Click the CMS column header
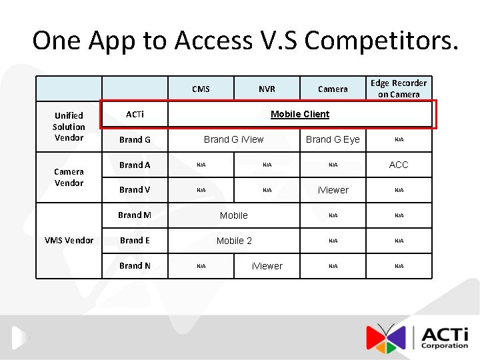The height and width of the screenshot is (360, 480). pyautogui.click(x=201, y=89)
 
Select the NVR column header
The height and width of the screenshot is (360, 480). pyautogui.click(x=267, y=89)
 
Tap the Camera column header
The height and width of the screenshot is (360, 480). pyautogui.click(x=333, y=89)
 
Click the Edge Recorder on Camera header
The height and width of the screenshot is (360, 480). pyautogui.click(x=399, y=89)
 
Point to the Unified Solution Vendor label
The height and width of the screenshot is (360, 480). pyautogui.click(x=69, y=126)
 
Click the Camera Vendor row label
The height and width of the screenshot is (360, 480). pyautogui.click(x=69, y=177)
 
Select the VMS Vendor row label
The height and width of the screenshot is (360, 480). pyautogui.click(x=69, y=240)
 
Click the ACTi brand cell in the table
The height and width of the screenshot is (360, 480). pyautogui.click(x=135, y=114)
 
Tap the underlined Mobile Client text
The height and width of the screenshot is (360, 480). pyautogui.click(x=300, y=114)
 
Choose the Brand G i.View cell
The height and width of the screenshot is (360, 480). pyautogui.click(x=233, y=139)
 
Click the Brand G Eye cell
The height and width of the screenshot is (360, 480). pyautogui.click(x=333, y=139)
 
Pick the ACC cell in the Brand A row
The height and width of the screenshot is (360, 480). pyautogui.click(x=399, y=165)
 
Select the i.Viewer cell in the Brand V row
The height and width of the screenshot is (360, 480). pyautogui.click(x=333, y=190)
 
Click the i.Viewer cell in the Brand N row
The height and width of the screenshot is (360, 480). pyautogui.click(x=267, y=266)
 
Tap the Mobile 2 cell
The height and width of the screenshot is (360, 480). pyautogui.click(x=234, y=241)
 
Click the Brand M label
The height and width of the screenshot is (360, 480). pyautogui.click(x=135, y=215)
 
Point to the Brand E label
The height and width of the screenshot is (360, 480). pyautogui.click(x=135, y=240)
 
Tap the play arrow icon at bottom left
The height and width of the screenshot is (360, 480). pyautogui.click(x=19, y=337)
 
